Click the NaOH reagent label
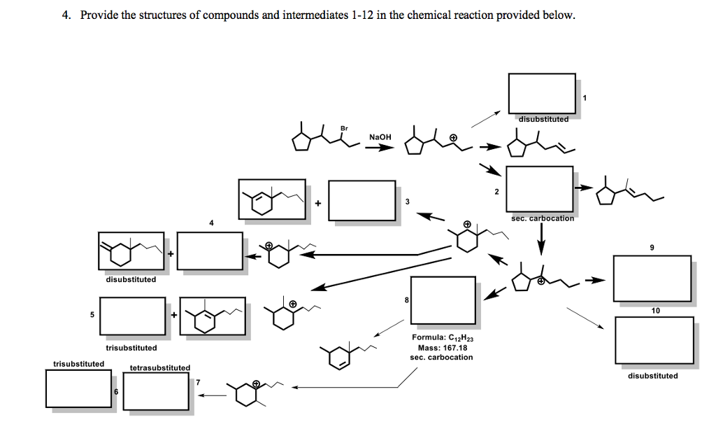(380, 136)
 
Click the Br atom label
(343, 128)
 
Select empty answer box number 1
(542, 93)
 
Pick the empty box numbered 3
(362, 199)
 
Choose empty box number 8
(443, 300)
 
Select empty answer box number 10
(654, 339)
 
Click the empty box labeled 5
(132, 314)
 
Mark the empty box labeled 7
(155, 391)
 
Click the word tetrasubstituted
(159, 367)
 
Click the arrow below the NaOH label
(380, 147)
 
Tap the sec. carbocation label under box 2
(542, 218)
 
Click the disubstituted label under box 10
(652, 376)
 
